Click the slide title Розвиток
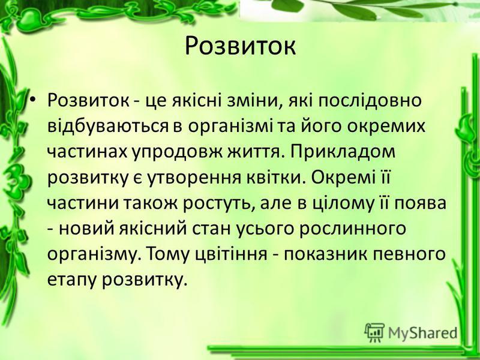pos(241,47)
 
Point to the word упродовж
pos(178,152)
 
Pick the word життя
pos(254,152)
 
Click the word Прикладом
pos(341,152)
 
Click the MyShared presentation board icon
pos(374,332)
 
